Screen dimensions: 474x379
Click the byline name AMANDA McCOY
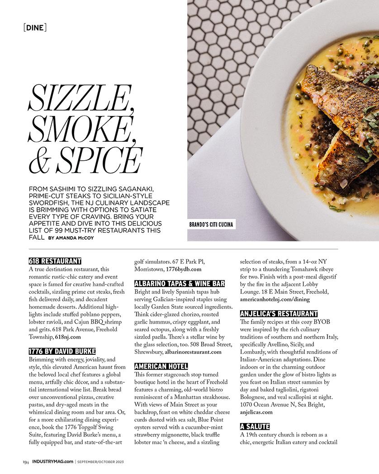(75, 237)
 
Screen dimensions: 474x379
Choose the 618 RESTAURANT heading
(55, 261)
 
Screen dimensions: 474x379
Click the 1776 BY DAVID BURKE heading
(62, 351)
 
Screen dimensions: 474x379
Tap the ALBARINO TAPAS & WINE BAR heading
(180, 283)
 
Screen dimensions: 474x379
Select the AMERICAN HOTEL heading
(161, 366)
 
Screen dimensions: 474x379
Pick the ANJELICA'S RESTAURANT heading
(279, 313)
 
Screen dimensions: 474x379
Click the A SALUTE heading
(255, 426)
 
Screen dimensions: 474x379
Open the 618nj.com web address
(68, 337)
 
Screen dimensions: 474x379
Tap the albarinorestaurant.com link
(193, 352)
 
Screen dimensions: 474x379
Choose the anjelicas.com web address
(256, 412)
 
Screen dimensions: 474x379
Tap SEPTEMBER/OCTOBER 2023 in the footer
(100, 462)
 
